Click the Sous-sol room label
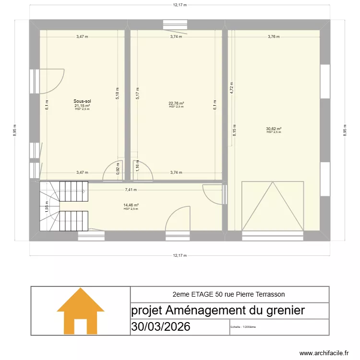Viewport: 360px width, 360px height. pyautogui.click(x=82, y=101)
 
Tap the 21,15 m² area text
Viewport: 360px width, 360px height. pyautogui.click(x=82, y=106)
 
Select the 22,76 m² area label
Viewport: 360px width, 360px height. pyautogui.click(x=176, y=103)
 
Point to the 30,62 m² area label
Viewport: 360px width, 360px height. pyautogui.click(x=274, y=129)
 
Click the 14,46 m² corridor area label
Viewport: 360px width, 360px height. pyautogui.click(x=131, y=205)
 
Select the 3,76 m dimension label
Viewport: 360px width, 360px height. pyautogui.click(x=273, y=36)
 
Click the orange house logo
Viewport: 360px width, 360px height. pyautogui.click(x=80, y=311)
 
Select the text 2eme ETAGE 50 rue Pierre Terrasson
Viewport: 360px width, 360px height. pyautogui.click(x=229, y=294)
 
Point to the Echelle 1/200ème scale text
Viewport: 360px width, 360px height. pyautogui.click(x=243, y=327)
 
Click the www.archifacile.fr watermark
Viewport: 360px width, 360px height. pyautogui.click(x=324, y=353)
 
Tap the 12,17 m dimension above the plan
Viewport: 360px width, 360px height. pyautogui.click(x=180, y=5)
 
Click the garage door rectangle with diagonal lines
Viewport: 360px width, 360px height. pyautogui.click(x=273, y=206)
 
